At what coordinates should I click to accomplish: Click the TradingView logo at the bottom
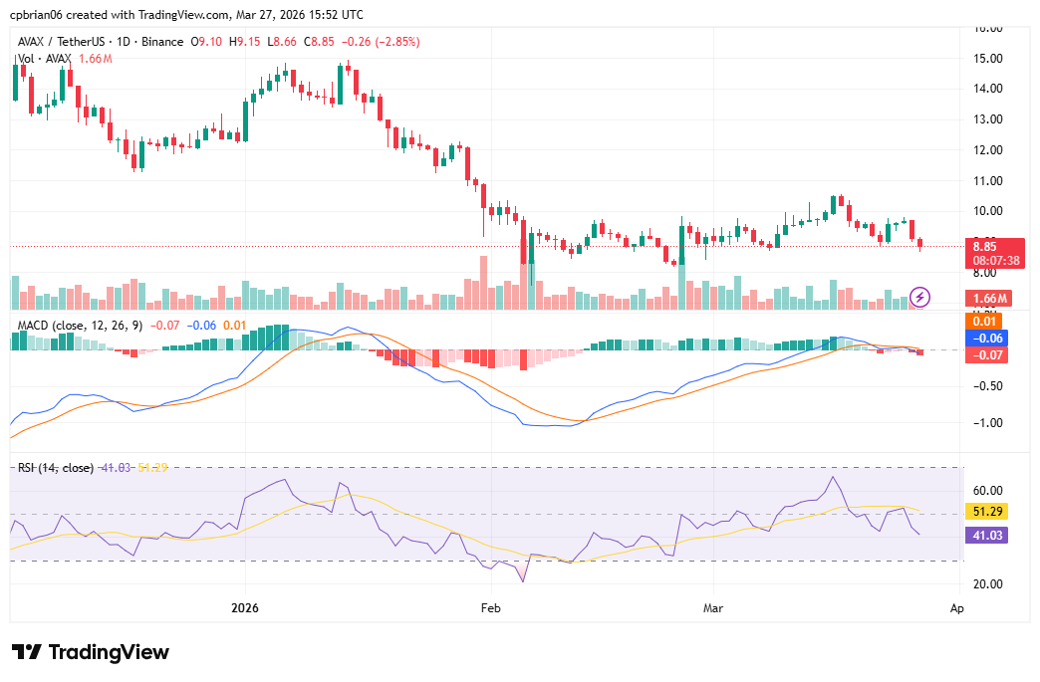pos(91,652)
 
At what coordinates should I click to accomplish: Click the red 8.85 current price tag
pos(986,247)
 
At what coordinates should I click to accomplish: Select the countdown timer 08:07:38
pos(995,261)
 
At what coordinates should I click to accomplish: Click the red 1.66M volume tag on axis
pos(990,298)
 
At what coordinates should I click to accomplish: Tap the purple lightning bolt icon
pos(921,297)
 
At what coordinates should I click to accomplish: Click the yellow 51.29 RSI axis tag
pos(987,511)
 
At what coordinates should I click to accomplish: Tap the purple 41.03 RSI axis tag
pos(987,535)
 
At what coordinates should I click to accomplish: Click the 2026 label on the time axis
pos(245,606)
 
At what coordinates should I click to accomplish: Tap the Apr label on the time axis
pos(956,606)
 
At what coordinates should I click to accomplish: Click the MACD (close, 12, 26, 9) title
pos(81,325)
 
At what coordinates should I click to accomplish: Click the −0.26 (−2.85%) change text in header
pos(380,42)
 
